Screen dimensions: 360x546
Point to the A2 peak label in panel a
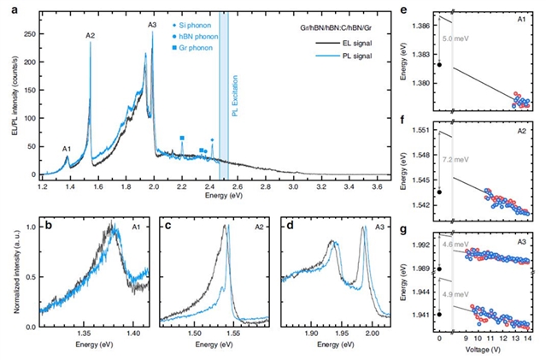tap(91, 34)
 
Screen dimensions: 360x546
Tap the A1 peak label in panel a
tap(67, 149)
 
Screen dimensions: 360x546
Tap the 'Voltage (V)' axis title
tap(489, 350)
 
